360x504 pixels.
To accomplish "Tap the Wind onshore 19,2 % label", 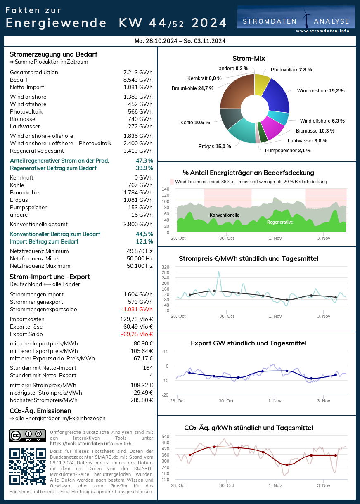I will click(x=321, y=91).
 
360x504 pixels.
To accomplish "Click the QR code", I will click(x=28, y=466).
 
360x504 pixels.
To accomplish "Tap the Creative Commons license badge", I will click(x=28, y=436).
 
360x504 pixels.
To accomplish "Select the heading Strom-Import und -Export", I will click(x=50, y=277).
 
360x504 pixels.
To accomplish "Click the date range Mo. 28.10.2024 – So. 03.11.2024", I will click(x=180, y=41).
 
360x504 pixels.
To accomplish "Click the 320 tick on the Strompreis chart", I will click(x=166, y=267).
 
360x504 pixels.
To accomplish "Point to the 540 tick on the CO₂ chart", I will click(x=165, y=436).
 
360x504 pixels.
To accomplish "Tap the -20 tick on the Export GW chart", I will click(x=165, y=395).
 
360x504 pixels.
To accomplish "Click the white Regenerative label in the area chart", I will click(x=280, y=222).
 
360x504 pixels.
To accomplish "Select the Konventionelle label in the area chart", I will click(x=224, y=215).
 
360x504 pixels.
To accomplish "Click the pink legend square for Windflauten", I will click(x=172, y=182).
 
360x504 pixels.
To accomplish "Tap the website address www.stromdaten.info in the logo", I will click(x=322, y=31).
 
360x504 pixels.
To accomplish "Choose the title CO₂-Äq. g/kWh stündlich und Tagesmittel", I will click(x=249, y=428).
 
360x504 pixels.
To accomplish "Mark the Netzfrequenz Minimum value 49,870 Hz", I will click(x=140, y=251).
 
